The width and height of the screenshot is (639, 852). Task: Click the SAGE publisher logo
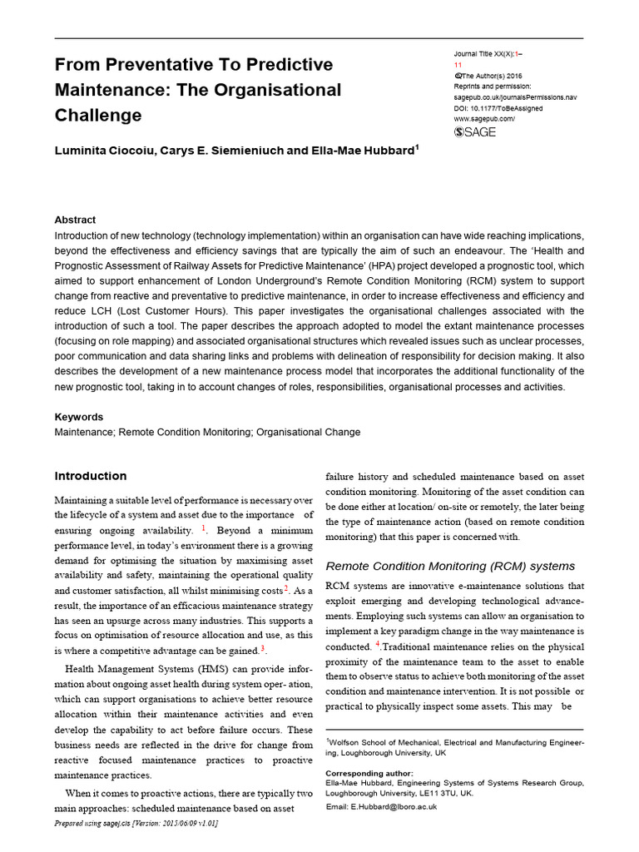(x=473, y=132)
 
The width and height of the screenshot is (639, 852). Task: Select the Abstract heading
(x=75, y=220)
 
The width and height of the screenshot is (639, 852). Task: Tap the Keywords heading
(x=79, y=417)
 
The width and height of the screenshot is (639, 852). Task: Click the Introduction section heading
(x=91, y=477)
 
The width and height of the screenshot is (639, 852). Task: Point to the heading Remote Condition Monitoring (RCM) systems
(x=449, y=566)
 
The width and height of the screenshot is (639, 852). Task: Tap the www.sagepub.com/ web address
(x=484, y=118)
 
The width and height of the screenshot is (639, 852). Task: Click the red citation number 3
(x=263, y=648)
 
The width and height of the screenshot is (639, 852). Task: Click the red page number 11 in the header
(x=458, y=64)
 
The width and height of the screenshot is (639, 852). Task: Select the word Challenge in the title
(x=98, y=115)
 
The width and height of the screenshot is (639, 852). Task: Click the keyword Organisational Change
(x=308, y=433)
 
